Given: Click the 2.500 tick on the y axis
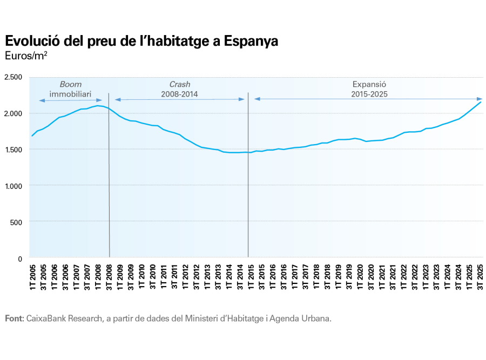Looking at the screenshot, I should pyautogui.click(x=12, y=77).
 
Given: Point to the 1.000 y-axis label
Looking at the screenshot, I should pyautogui.click(x=12, y=186).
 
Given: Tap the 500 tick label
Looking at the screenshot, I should pyautogui.click(x=15, y=222).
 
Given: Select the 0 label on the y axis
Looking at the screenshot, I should pyautogui.click(x=19, y=259).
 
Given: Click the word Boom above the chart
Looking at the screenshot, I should pyautogui.click(x=70, y=85).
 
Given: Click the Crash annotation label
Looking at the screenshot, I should pyautogui.click(x=180, y=85).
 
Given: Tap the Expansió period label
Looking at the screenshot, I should pyautogui.click(x=369, y=85).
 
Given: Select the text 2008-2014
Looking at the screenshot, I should pyautogui.click(x=180, y=94).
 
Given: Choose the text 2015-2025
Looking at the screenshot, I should pyautogui.click(x=369, y=94).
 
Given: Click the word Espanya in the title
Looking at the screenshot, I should pyautogui.click(x=252, y=42).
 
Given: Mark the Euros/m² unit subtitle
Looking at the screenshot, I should pyautogui.click(x=24, y=56).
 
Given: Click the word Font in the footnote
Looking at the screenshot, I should pyautogui.click(x=14, y=318).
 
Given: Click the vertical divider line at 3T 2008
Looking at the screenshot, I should pyautogui.click(x=109, y=178).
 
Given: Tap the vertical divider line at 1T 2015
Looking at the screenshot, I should pyautogui.click(x=248, y=178).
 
